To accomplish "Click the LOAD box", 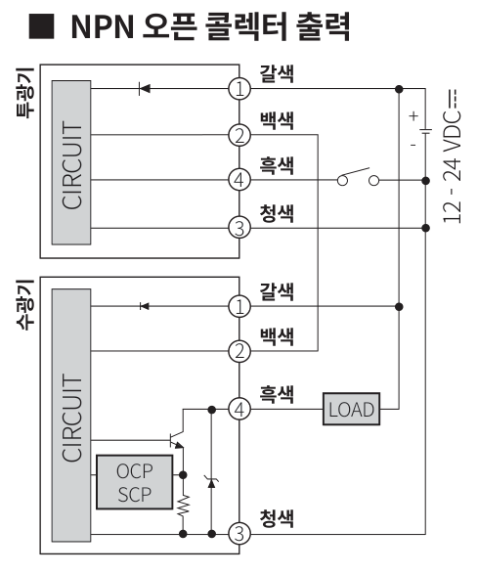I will [351, 408].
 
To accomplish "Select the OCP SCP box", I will [135, 481].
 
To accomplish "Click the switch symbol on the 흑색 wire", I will [357, 179].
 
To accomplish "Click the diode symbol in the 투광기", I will [145, 89].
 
